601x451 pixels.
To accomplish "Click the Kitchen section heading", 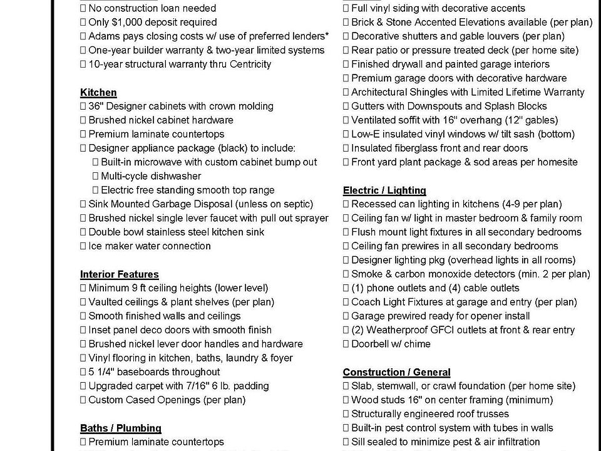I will pos(98,92).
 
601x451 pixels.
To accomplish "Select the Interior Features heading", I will pos(119,274).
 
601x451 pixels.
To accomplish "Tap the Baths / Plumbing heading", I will pos(120,428).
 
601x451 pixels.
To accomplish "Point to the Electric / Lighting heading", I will pos(384,190).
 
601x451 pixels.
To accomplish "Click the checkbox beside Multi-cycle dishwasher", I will pos(96,177).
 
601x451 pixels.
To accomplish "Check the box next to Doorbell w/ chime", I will pos(346,345).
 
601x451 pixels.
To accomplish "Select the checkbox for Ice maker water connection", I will pos(83,246).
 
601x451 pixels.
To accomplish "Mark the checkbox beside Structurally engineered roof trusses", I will pos(346,414).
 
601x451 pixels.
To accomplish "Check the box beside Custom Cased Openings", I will pos(83,400).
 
